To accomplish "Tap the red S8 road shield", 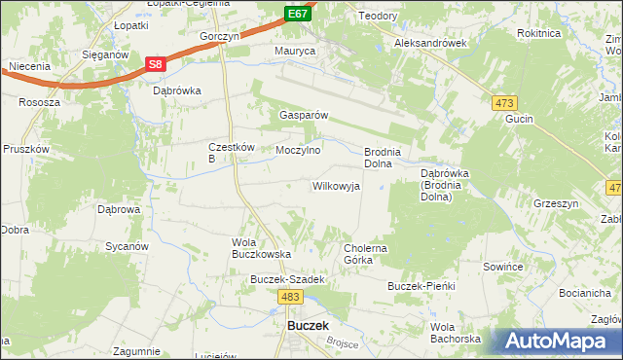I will [156, 64].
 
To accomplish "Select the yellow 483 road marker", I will [288, 295].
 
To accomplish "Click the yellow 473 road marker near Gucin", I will [504, 103].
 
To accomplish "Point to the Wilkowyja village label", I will [336, 185].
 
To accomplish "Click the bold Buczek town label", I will [308, 327].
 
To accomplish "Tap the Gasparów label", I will [304, 114].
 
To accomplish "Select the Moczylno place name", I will [298, 151].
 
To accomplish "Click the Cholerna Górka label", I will [366, 254].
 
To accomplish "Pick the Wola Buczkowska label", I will [262, 247].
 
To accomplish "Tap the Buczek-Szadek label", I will [285, 279].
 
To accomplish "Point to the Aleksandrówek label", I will [431, 44].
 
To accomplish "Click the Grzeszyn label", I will [556, 204].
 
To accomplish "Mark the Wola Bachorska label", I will [456, 333].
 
